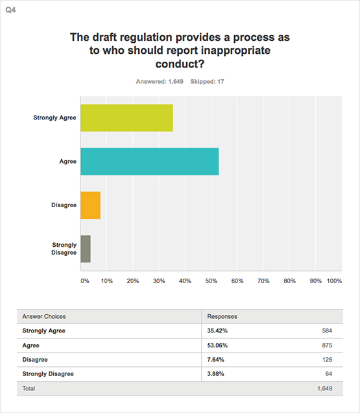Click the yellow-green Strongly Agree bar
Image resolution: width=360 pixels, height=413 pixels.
pyautogui.click(x=126, y=118)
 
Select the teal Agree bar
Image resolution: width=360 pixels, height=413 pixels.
pyautogui.click(x=149, y=162)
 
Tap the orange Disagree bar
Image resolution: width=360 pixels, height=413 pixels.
pyautogui.click(x=90, y=205)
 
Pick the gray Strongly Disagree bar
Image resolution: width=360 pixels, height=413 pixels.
pyautogui.click(x=86, y=249)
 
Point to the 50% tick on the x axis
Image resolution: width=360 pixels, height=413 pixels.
pyautogui.click(x=211, y=281)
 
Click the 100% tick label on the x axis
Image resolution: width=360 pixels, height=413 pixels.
pyautogui.click(x=334, y=281)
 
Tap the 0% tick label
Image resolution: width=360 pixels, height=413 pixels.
pyautogui.click(x=85, y=281)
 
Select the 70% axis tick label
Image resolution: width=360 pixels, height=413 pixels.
pyautogui.click(x=263, y=281)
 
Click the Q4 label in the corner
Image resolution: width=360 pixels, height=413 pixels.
pyautogui.click(x=10, y=10)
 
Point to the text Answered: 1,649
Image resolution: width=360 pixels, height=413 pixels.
pyautogui.click(x=160, y=82)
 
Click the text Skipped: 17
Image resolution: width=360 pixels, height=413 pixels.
pyautogui.click(x=207, y=82)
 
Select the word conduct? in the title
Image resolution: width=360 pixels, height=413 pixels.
pyautogui.click(x=180, y=64)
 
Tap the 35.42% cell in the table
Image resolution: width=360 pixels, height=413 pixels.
pyautogui.click(x=217, y=331)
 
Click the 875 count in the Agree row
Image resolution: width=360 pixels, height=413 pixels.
pyautogui.click(x=327, y=345)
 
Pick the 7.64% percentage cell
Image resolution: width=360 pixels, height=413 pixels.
pyautogui.click(x=215, y=360)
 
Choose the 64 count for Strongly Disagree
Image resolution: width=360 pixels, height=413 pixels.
pyautogui.click(x=329, y=374)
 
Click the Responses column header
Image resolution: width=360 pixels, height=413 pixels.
pyautogui.click(x=222, y=316)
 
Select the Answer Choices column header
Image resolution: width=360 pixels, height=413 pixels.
pyautogui.click(x=44, y=316)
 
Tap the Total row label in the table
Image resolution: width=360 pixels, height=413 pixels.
pyautogui.click(x=29, y=388)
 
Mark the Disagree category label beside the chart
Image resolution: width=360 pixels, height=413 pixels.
pyautogui.click(x=64, y=205)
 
